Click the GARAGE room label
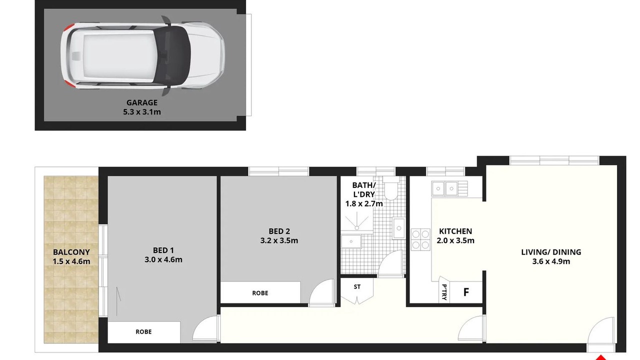click(x=141, y=102)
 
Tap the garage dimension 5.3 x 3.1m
click(x=141, y=112)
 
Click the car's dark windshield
click(x=172, y=55)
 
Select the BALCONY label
click(x=71, y=252)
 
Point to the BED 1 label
click(x=163, y=250)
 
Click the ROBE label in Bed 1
click(x=143, y=331)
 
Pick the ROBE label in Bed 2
click(x=260, y=293)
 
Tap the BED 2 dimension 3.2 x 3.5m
click(x=279, y=240)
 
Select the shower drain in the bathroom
click(x=357, y=227)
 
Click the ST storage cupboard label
click(x=357, y=286)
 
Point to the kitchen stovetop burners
click(x=420, y=239)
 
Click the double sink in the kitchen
click(x=444, y=188)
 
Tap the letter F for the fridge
click(x=466, y=292)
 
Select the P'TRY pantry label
click(x=444, y=292)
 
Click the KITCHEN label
click(x=455, y=231)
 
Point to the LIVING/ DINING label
click(x=551, y=252)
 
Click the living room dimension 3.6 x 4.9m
click(x=551, y=261)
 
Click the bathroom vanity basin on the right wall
click(x=399, y=228)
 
